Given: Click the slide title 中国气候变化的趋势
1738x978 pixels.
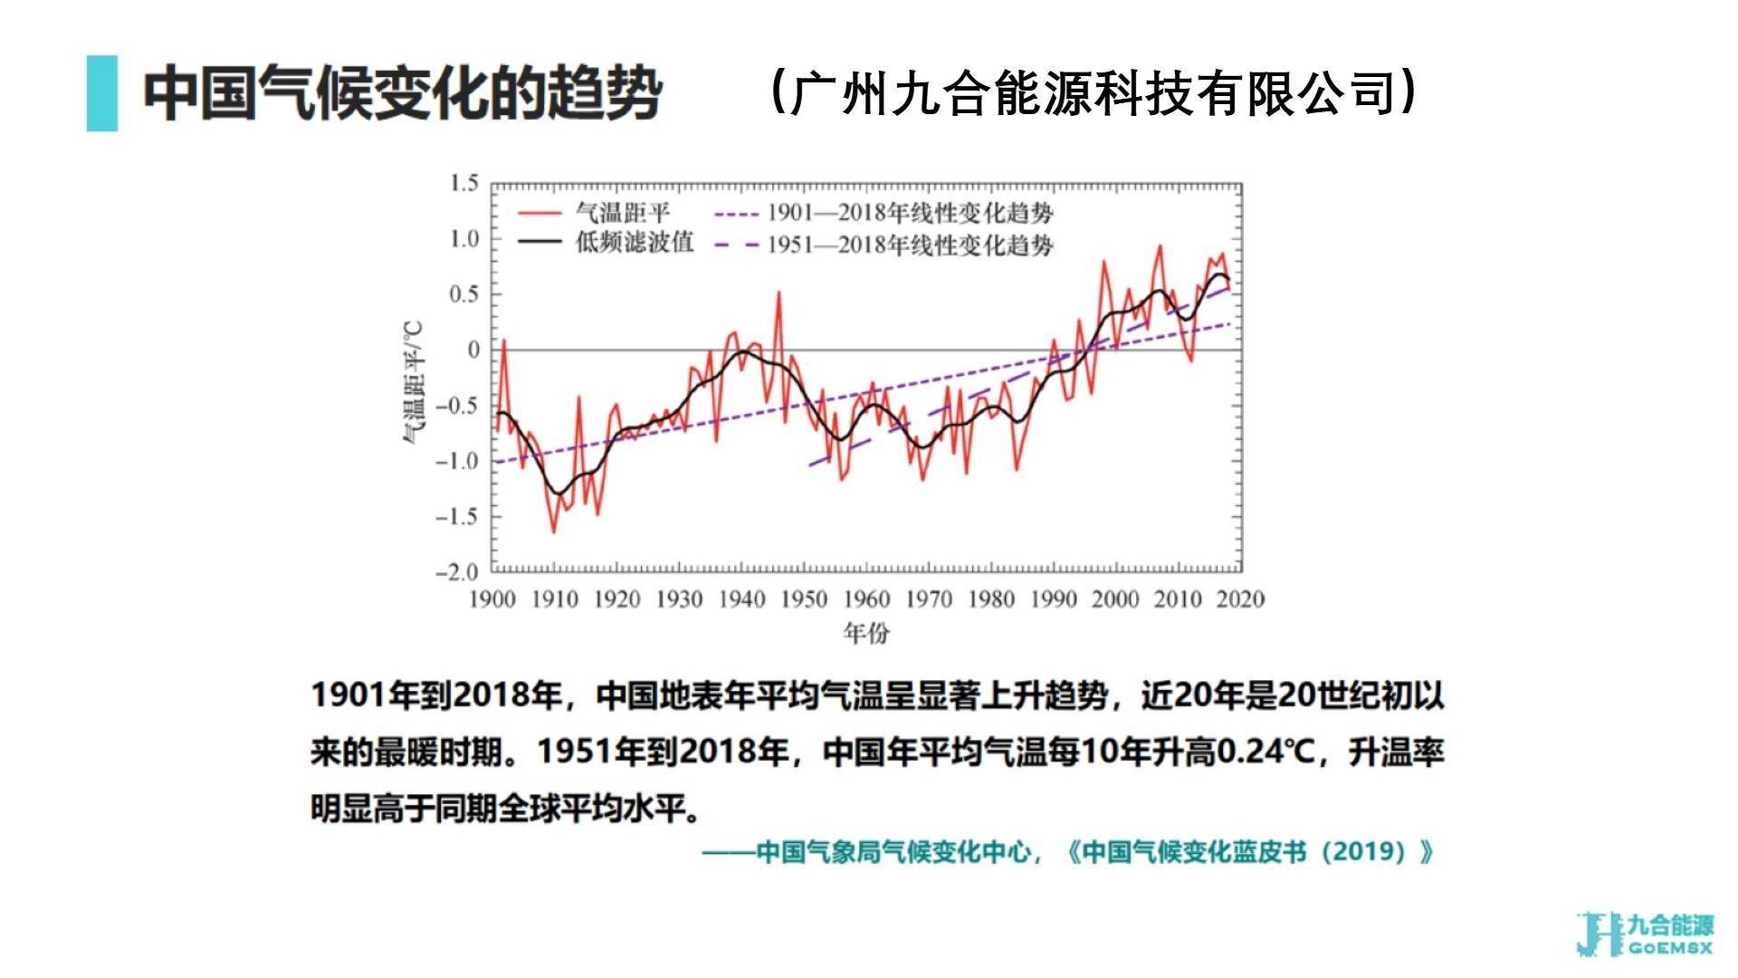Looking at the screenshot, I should (x=402, y=93).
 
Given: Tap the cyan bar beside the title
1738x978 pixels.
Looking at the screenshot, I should (x=102, y=93).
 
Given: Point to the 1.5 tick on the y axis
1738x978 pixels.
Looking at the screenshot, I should (x=464, y=183).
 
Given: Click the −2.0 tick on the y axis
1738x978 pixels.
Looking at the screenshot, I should (x=457, y=572).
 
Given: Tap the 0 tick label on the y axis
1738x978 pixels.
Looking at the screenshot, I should (x=473, y=350).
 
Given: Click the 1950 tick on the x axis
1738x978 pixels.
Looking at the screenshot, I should (x=804, y=599).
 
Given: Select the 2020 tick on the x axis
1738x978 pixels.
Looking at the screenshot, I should (x=1240, y=599).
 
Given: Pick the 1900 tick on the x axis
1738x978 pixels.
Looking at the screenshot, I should (x=492, y=599).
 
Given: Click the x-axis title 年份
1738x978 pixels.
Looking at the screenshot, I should (x=866, y=633).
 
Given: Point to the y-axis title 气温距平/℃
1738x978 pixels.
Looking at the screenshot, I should (x=413, y=382).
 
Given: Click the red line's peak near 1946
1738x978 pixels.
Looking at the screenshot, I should (x=778, y=292).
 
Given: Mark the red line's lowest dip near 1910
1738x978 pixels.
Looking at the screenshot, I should (x=554, y=532).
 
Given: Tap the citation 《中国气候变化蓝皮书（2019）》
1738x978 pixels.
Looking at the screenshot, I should (x=1249, y=852).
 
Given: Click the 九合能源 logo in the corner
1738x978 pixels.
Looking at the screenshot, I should (x=1644, y=935).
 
